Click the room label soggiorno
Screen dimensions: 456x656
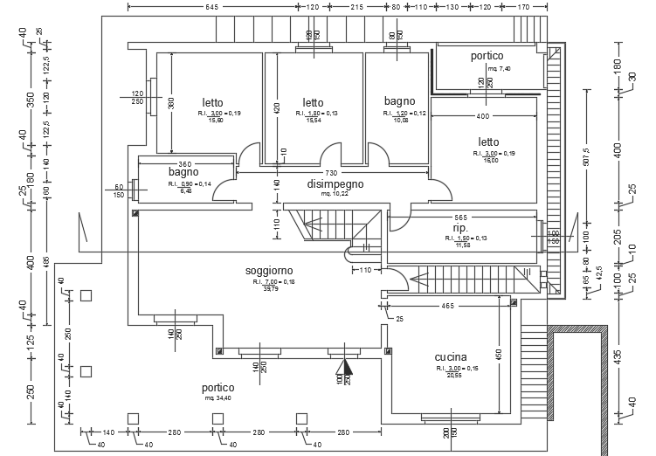click(269, 272)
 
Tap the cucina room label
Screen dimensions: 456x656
click(451, 357)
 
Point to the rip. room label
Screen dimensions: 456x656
click(460, 227)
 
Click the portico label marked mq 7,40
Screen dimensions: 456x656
click(487, 56)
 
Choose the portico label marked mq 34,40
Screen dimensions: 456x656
click(218, 387)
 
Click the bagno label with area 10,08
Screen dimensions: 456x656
click(400, 101)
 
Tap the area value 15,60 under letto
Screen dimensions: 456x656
click(215, 121)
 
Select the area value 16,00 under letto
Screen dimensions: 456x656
click(489, 161)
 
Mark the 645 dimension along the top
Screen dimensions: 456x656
click(211, 7)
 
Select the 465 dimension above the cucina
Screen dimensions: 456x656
click(446, 307)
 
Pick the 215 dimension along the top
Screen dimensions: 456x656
click(356, 7)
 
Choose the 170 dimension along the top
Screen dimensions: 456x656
click(524, 7)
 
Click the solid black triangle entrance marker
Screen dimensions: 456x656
click(345, 368)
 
